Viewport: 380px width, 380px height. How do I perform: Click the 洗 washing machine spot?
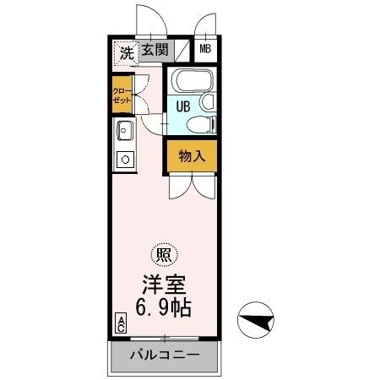pos(125,52)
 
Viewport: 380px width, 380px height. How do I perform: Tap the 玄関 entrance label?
pos(154,50)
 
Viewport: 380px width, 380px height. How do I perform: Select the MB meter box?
pos(206,50)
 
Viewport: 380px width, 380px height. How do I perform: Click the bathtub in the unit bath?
pos(191,82)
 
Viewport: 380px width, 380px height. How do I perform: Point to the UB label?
pos(182,107)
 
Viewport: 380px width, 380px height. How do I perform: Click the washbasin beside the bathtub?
pos(209,103)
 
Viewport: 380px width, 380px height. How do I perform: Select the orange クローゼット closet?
pos(122,95)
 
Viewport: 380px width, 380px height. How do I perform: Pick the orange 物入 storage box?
pos(192,155)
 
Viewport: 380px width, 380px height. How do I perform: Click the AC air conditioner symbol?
pos(121,323)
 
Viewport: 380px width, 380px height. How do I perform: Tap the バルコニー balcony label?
pos(164,354)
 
